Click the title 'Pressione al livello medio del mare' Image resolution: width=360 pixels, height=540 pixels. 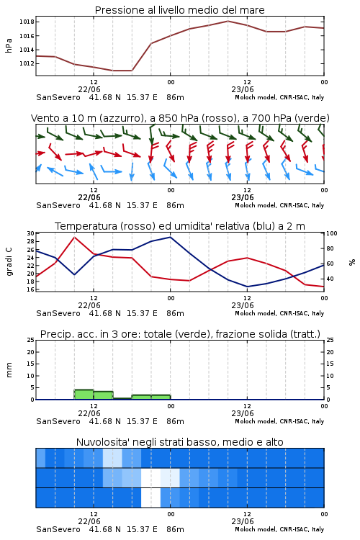(179, 10)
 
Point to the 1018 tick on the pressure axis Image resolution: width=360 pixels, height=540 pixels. (27, 22)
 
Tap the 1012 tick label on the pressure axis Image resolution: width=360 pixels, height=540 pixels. (27, 63)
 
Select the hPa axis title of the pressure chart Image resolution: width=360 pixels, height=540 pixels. (9, 45)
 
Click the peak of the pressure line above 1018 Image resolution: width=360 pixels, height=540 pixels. (228, 21)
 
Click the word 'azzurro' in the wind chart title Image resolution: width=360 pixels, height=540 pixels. (120, 118)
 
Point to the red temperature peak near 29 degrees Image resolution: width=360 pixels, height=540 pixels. (74, 238)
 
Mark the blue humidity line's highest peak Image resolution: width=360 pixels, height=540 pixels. (170, 237)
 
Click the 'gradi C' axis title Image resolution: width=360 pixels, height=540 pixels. (9, 262)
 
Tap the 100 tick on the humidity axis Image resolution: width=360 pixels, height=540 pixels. (331, 233)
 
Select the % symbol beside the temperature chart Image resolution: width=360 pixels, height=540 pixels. (352, 262)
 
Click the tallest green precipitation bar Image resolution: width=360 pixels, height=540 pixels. (84, 395)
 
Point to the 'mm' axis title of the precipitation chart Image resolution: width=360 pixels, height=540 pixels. (9, 370)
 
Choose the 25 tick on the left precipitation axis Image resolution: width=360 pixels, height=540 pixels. (31, 340)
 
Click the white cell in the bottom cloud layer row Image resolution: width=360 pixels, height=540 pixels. (151, 498)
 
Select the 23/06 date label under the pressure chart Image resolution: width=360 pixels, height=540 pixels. (243, 89)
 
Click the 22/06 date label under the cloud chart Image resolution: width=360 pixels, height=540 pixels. (89, 521)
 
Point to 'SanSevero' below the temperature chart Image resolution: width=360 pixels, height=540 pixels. (58, 313)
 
